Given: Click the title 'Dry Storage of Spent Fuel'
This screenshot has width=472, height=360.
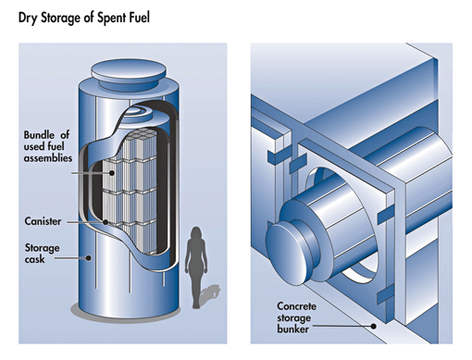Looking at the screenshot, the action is click(84, 18).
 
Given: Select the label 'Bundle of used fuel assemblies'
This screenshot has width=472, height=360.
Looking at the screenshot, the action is click(48, 146).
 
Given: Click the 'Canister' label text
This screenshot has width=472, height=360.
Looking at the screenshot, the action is click(43, 221).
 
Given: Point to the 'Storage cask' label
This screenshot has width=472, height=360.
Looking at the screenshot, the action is click(42, 254).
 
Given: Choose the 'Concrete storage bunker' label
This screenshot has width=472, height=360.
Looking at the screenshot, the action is click(296, 317).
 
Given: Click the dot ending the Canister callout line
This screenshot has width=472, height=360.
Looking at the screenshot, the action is click(106, 222).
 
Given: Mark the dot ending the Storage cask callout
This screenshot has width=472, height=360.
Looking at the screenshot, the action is click(89, 258).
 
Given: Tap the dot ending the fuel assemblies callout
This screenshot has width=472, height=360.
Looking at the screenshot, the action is click(112, 173).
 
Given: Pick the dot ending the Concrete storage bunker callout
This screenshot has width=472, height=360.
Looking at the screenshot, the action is click(374, 326).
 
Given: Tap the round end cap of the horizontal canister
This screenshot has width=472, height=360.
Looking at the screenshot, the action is click(286, 254).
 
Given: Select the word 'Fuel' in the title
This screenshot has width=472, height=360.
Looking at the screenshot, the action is click(141, 18).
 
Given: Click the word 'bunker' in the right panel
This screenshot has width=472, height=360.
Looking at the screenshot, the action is click(292, 329).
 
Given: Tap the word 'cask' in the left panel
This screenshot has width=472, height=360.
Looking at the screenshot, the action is click(34, 259).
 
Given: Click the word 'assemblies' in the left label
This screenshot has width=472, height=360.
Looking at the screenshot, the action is click(48, 158).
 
